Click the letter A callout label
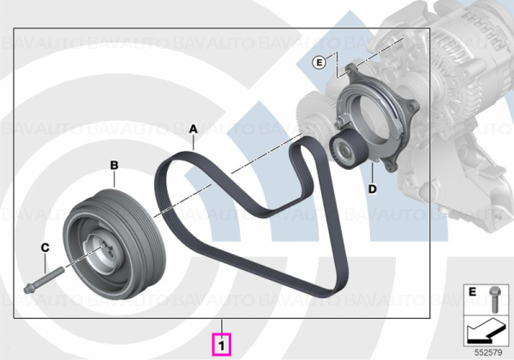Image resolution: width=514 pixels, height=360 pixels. (x=194, y=129)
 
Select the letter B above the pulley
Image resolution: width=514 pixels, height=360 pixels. (x=114, y=165)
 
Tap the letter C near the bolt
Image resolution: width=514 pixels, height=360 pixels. (x=45, y=248)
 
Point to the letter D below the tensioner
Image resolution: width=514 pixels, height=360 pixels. (x=373, y=189)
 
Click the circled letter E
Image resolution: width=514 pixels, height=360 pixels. (x=319, y=63)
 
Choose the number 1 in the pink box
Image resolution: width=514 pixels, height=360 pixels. (x=222, y=345)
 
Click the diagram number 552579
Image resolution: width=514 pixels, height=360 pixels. (x=488, y=353)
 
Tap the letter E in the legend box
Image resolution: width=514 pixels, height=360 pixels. (x=472, y=291)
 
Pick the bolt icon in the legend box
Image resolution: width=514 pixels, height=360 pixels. (x=493, y=299)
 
